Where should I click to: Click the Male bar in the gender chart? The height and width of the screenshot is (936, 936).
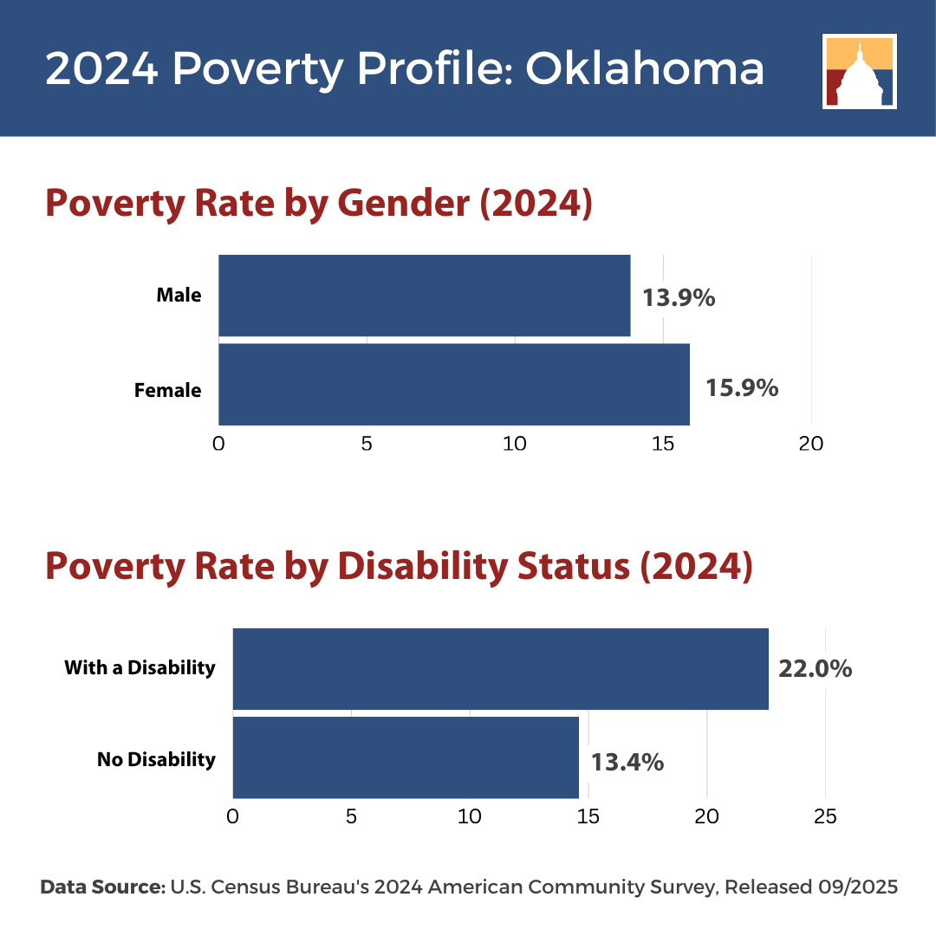(425, 296)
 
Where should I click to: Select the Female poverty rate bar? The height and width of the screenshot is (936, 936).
(454, 385)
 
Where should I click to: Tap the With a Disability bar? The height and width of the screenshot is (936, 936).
(501, 668)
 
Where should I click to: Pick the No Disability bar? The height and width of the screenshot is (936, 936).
(406, 757)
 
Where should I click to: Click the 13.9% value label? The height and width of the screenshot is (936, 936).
(679, 298)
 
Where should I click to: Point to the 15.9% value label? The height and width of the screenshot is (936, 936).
(742, 388)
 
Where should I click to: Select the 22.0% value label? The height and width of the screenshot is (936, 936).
(816, 668)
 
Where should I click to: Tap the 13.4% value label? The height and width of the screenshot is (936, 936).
(627, 763)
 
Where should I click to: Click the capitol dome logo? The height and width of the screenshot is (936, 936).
(860, 72)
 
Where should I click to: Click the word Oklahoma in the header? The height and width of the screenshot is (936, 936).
(645, 68)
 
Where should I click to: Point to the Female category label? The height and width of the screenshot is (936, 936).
(168, 390)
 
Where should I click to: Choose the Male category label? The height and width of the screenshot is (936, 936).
(179, 295)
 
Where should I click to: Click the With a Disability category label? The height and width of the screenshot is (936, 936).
(140, 667)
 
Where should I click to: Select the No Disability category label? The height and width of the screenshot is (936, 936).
(156, 759)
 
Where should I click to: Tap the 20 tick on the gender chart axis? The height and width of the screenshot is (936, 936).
(810, 444)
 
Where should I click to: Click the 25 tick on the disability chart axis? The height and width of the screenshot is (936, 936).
(825, 816)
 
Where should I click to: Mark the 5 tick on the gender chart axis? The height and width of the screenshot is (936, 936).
(367, 444)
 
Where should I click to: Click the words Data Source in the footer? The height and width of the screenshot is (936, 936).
(102, 887)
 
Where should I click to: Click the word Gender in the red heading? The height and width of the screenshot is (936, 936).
(404, 204)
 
